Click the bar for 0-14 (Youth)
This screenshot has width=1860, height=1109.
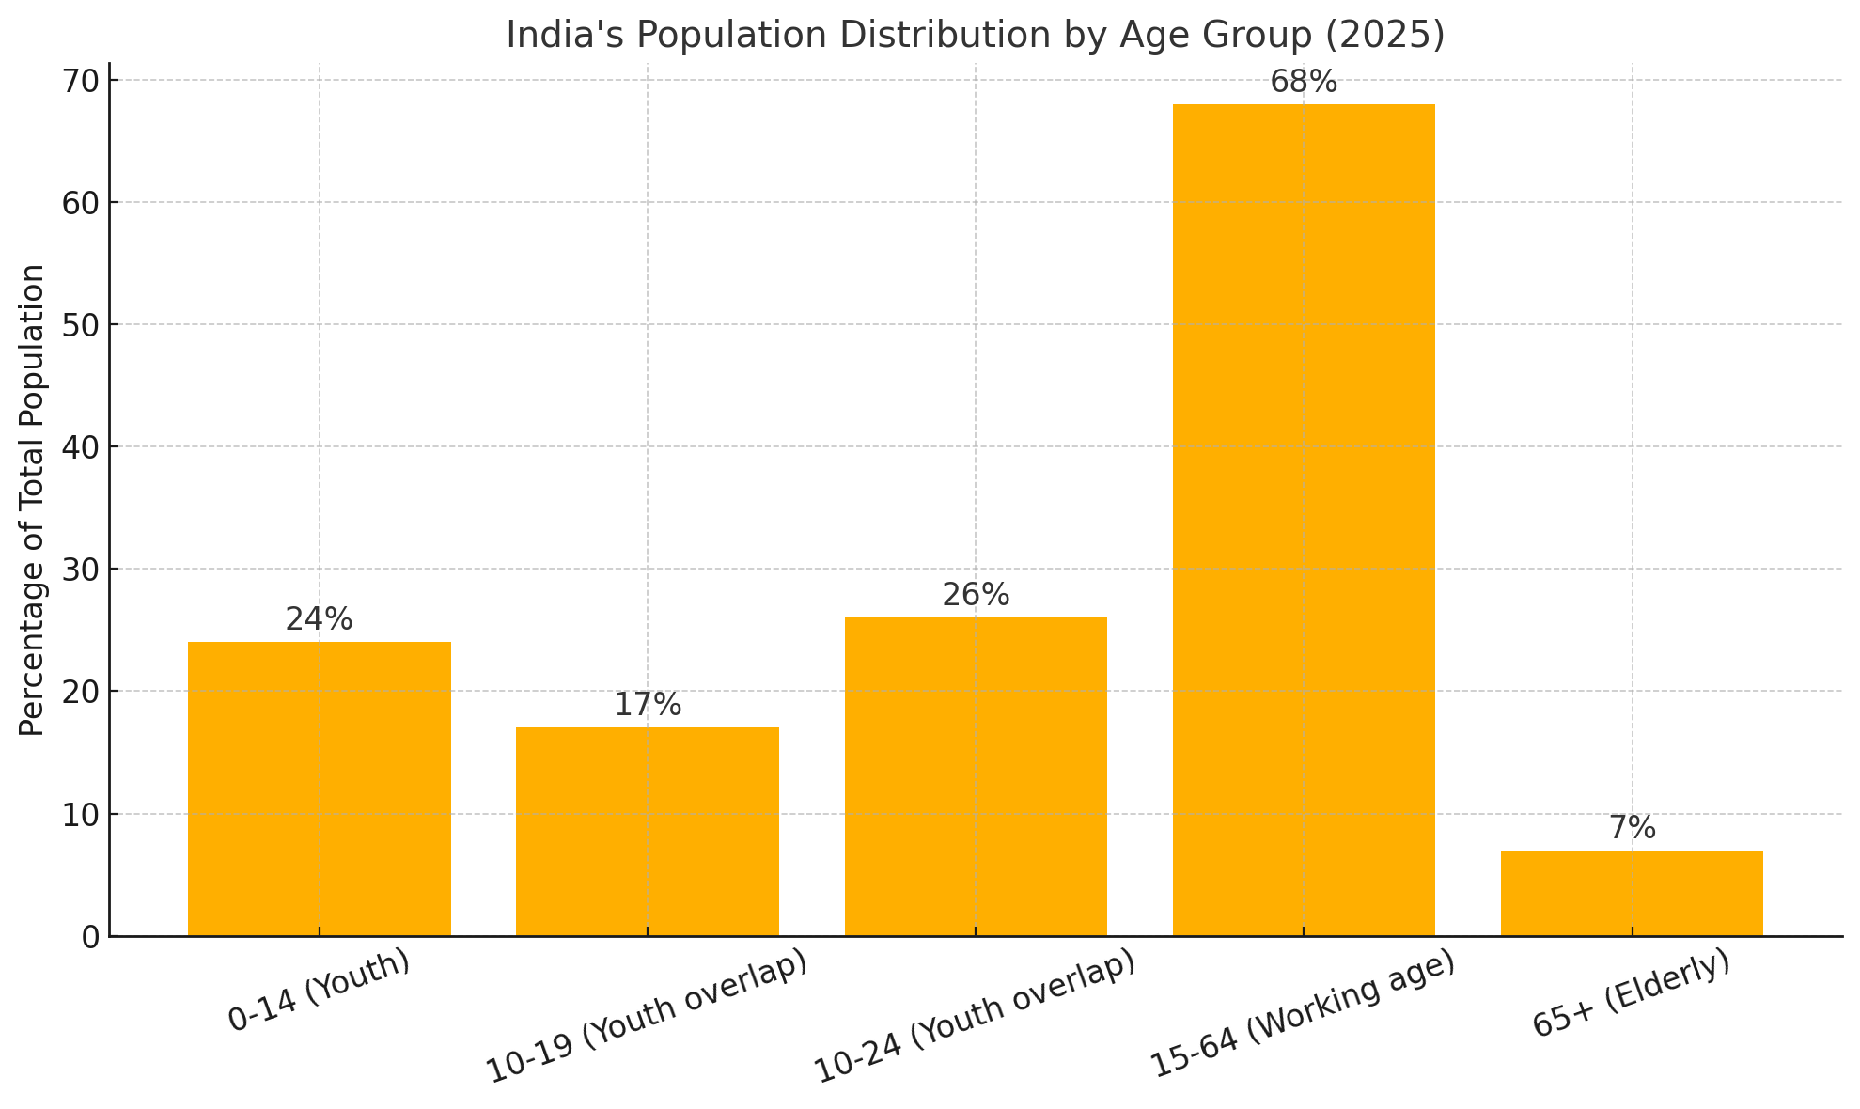click(x=319, y=789)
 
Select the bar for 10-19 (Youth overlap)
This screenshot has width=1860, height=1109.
click(x=647, y=831)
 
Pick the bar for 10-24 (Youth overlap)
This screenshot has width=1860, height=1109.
click(x=976, y=776)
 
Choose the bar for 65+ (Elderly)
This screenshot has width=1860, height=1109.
click(x=1632, y=892)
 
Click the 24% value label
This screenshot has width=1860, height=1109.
click(x=319, y=619)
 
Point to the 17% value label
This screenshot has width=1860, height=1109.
click(x=648, y=705)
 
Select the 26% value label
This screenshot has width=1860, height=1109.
click(x=976, y=595)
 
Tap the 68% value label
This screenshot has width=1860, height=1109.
click(x=1304, y=83)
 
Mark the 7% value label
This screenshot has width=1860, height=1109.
click(x=1632, y=828)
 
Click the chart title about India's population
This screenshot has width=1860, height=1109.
click(x=976, y=35)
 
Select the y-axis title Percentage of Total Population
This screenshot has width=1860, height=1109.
click(x=32, y=500)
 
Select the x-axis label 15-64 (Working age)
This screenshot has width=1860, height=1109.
click(x=1304, y=1015)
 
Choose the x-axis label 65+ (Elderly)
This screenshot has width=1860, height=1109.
click(x=1632, y=993)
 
